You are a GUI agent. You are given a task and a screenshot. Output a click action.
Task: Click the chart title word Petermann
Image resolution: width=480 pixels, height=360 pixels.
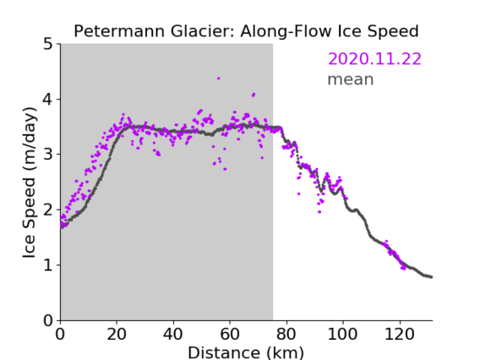point(120,31)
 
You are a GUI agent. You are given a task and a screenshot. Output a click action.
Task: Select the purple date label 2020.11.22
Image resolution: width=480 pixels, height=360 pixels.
point(374,59)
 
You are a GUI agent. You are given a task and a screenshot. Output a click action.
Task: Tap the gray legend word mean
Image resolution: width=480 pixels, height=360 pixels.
point(351,79)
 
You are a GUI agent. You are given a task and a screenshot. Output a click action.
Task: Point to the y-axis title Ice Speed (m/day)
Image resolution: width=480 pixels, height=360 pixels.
point(30,183)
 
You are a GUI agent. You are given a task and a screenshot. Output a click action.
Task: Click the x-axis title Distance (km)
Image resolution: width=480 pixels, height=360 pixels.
point(246,352)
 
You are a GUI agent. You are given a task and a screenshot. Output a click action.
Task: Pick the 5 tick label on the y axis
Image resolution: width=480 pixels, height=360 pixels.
point(48,45)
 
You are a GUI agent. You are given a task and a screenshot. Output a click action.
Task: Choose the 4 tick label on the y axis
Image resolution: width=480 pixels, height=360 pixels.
point(48,100)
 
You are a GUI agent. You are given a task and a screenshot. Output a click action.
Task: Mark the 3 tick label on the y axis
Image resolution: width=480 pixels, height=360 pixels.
point(48,155)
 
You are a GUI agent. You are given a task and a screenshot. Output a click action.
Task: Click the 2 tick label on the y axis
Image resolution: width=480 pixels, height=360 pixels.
point(48,210)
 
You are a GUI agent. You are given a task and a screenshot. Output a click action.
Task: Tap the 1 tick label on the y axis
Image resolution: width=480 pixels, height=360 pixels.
point(48,265)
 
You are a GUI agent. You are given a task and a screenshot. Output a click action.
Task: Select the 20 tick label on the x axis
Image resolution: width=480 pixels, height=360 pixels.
point(117,334)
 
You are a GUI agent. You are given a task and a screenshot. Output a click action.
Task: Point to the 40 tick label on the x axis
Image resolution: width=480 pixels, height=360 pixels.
point(173,334)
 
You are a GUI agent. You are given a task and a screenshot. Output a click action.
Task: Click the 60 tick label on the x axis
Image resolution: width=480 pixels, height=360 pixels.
point(230,334)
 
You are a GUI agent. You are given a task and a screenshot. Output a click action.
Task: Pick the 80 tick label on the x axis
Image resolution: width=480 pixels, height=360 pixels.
point(286,334)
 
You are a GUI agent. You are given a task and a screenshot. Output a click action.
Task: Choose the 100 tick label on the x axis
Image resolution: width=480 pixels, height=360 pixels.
point(342,334)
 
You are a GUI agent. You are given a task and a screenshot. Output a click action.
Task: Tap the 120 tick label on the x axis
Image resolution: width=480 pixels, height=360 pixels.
point(400,334)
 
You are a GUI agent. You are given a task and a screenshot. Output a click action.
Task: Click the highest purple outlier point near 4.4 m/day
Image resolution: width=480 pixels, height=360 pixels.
point(219,79)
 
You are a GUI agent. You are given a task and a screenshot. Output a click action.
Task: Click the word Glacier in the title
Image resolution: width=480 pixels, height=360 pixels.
point(203,31)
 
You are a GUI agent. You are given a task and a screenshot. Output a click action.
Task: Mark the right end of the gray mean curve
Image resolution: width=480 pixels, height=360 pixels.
point(432,277)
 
